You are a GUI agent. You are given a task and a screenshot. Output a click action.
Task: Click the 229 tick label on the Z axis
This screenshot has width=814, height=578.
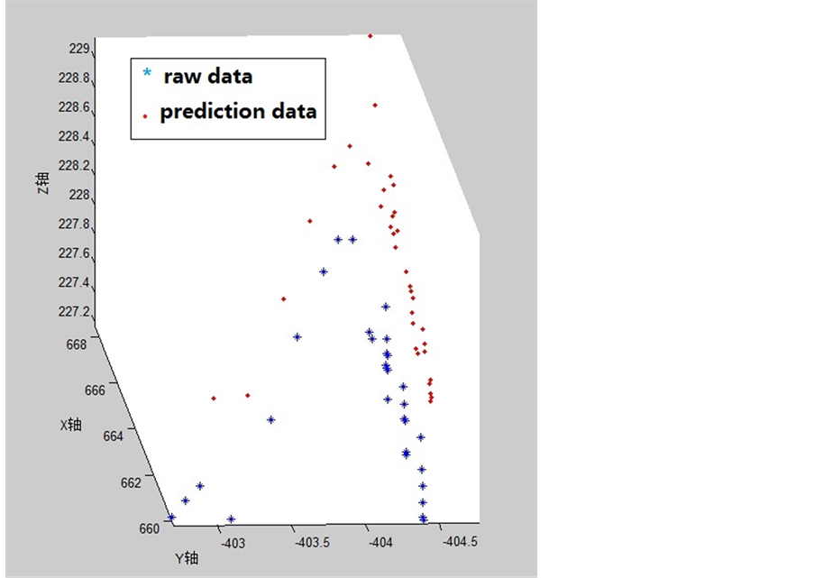(79, 49)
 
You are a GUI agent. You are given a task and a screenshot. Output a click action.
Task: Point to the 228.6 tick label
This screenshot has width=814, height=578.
(74, 107)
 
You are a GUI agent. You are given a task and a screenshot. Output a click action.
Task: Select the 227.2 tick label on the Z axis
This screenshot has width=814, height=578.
(74, 312)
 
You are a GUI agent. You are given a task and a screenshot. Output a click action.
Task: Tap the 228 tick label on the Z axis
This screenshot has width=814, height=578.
(79, 195)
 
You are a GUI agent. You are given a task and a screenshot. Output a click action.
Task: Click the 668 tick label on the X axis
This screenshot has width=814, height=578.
(77, 344)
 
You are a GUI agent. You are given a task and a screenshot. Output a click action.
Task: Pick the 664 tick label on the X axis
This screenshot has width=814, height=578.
(114, 436)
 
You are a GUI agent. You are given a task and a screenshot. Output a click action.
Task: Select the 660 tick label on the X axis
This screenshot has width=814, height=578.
(150, 528)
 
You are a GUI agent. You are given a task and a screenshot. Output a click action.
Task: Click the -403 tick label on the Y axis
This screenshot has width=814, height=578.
(233, 544)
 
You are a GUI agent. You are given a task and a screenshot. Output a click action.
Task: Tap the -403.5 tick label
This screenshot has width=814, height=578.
(313, 543)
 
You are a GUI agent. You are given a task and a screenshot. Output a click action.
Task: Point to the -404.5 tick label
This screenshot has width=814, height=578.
(460, 542)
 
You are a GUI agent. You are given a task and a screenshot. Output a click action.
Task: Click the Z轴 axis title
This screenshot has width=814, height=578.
(43, 183)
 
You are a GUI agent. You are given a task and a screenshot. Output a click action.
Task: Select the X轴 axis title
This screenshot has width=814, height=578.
(70, 425)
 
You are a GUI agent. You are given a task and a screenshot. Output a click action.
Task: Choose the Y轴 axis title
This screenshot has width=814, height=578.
(187, 558)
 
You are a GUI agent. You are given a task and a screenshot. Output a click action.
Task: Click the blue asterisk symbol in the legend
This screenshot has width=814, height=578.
(147, 73)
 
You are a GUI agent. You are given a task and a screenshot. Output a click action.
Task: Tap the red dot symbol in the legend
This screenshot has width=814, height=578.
(145, 116)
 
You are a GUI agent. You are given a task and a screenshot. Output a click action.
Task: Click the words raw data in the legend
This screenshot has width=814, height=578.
(208, 77)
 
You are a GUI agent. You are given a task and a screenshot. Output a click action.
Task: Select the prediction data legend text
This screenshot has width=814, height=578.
(238, 112)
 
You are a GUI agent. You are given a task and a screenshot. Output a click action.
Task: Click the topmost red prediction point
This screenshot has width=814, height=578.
(370, 36)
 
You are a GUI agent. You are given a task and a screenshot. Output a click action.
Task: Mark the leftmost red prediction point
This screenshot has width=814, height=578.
(214, 399)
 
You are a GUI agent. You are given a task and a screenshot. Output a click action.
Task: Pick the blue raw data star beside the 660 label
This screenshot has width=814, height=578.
(171, 518)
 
